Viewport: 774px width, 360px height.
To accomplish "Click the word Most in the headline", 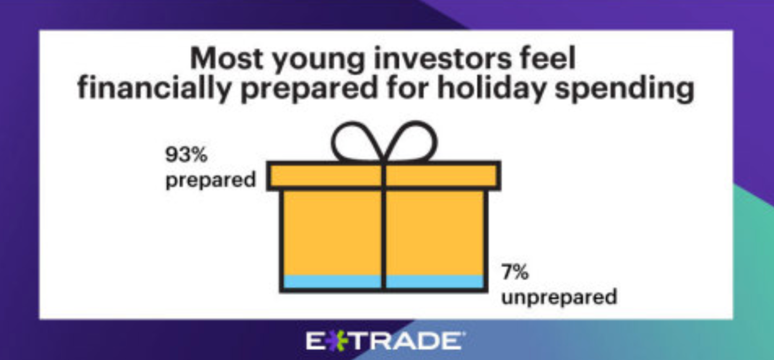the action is [x=226, y=59].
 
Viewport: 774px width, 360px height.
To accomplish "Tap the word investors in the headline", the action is [x=443, y=58].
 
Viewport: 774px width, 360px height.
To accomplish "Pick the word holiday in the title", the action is [x=491, y=89].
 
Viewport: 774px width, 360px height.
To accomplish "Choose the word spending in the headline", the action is [x=624, y=90].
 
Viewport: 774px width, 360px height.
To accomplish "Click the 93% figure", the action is [x=187, y=154].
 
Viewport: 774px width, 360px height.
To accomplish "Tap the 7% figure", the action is [x=515, y=271].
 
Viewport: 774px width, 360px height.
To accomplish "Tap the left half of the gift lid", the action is [x=326, y=176].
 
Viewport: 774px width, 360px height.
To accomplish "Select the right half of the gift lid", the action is [x=442, y=176].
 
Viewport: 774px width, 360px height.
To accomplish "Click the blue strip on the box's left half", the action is [x=332, y=282].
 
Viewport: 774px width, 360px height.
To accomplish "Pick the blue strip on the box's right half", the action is [x=435, y=282].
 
